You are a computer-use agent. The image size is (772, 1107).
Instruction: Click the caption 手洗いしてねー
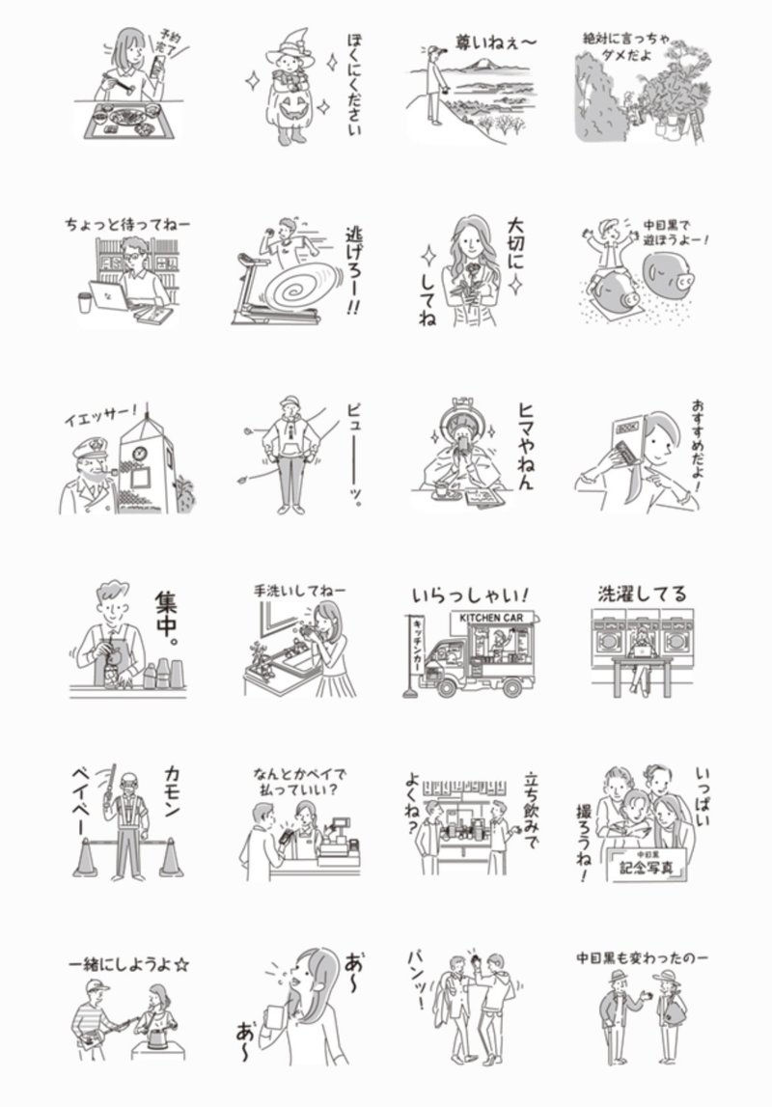click(298, 590)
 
